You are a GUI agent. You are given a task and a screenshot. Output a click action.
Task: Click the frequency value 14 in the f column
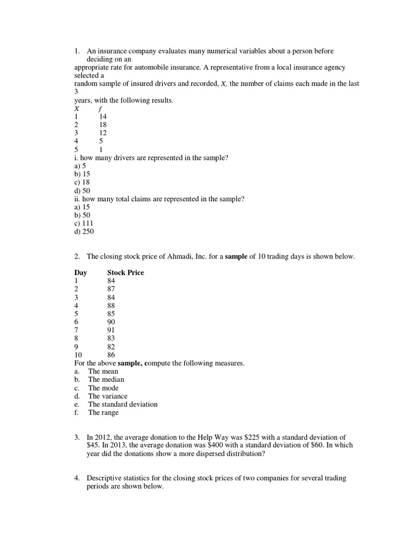coord(102,116)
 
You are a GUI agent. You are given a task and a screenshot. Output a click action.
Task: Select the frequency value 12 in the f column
coord(102,133)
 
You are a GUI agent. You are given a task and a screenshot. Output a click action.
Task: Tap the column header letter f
coord(100,108)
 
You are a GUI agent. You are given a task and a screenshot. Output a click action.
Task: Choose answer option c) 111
coord(84,223)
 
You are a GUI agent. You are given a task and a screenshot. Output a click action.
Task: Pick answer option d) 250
coord(84,232)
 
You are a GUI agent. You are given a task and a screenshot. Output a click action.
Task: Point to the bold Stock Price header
coord(125,272)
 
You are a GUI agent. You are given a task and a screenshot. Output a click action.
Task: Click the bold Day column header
coord(81,272)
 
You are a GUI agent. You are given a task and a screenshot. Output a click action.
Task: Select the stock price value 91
coord(111,330)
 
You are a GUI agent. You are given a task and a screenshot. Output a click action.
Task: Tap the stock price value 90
coord(111,322)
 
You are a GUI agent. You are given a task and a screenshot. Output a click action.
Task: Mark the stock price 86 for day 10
coord(111,355)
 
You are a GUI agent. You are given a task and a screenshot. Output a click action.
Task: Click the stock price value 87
coord(111,289)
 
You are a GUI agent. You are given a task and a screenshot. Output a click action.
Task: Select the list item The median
coord(106,379)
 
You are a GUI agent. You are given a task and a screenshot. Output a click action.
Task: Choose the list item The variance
coord(108,396)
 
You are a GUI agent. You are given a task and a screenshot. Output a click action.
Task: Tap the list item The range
coord(104,412)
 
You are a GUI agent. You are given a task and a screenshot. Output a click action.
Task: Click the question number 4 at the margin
coord(77,478)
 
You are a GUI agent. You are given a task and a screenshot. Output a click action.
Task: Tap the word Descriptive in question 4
coord(105,478)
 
